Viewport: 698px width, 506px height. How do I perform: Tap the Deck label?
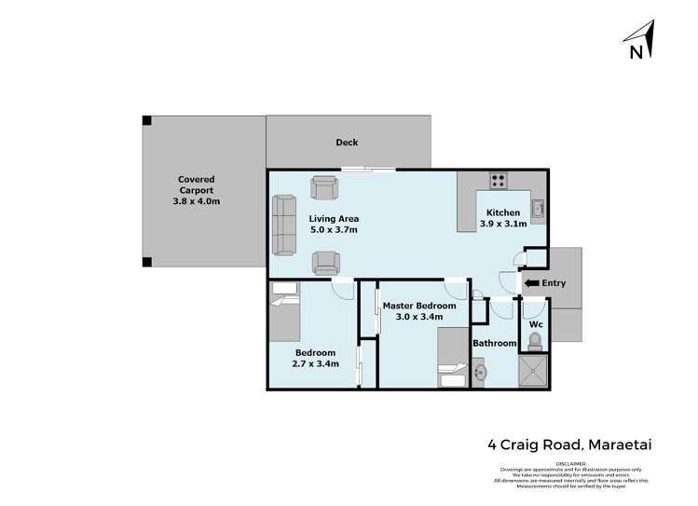(347, 143)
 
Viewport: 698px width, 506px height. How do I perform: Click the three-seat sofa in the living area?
(282, 226)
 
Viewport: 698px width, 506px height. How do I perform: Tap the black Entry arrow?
(531, 283)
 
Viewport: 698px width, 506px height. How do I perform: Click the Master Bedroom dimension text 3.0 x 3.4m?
(419, 318)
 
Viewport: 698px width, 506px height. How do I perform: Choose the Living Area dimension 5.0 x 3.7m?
(334, 230)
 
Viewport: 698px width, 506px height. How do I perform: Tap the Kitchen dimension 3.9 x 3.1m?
(503, 224)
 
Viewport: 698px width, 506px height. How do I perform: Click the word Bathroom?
(494, 344)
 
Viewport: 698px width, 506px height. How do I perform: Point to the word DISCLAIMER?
(570, 462)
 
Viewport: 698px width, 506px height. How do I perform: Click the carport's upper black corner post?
(146, 120)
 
